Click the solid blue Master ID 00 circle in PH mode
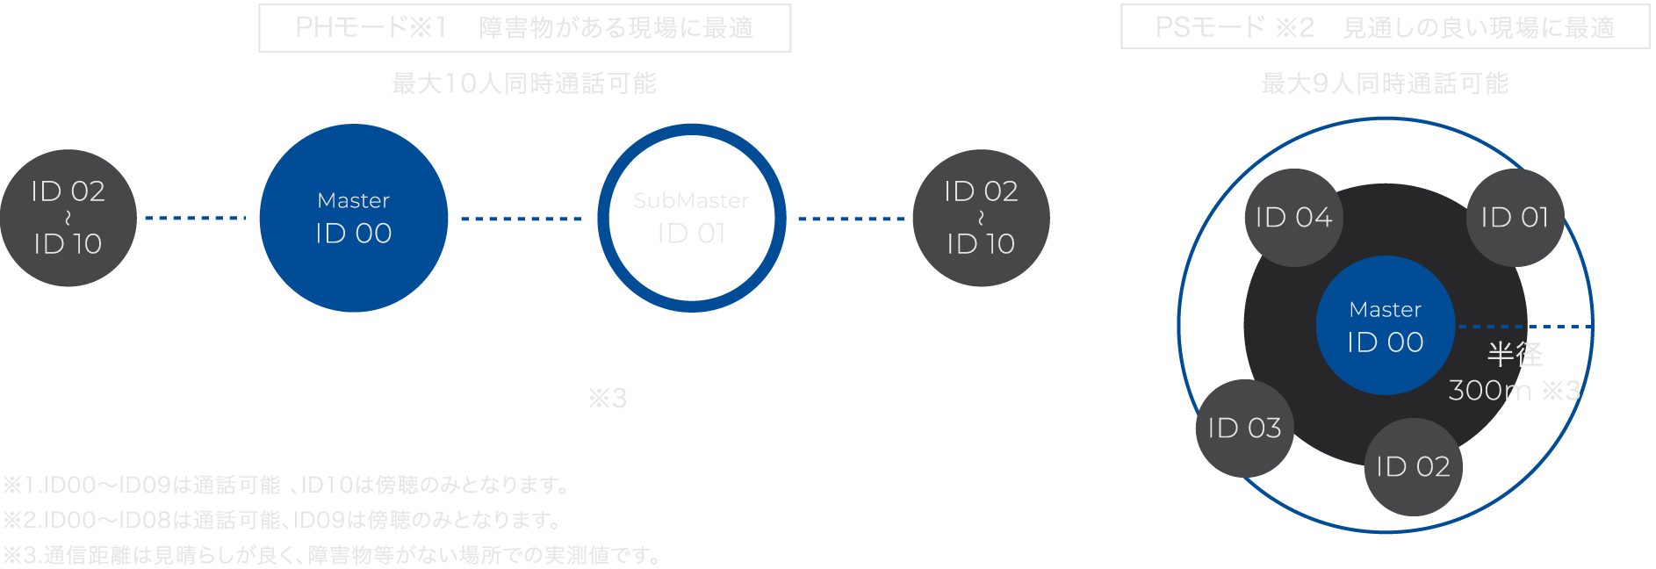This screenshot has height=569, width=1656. [x=354, y=218]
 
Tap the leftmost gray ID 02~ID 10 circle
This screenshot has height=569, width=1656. [x=68, y=218]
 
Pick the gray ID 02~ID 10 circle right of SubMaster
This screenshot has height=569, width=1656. [x=981, y=218]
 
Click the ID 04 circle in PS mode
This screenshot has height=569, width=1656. [x=1293, y=217]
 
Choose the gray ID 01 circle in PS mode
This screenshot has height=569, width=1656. [x=1515, y=217]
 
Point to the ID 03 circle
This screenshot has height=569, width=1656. [x=1244, y=428]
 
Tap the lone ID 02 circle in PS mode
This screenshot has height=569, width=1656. [x=1413, y=466]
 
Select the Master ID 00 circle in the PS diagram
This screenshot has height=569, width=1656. [x=1385, y=326]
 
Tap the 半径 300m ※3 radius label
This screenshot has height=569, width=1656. [x=1515, y=372]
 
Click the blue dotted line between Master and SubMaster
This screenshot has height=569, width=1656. [x=522, y=219]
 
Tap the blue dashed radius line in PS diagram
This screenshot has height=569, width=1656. [x=1524, y=326]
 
